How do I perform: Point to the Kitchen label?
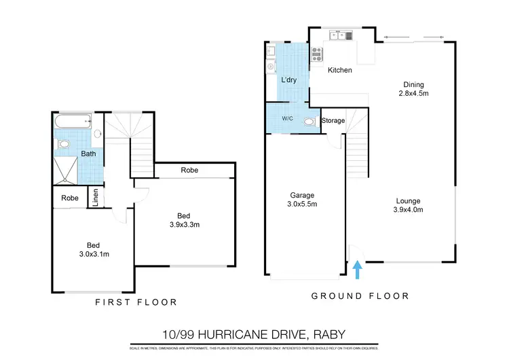(340, 71)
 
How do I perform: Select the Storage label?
(333, 121)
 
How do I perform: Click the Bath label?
(89, 154)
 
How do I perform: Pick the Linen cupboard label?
(95, 198)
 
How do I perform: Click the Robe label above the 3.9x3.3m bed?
(189, 170)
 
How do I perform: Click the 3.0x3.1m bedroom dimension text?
(94, 254)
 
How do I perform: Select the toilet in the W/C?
(309, 122)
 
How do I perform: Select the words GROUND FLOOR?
(360, 295)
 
